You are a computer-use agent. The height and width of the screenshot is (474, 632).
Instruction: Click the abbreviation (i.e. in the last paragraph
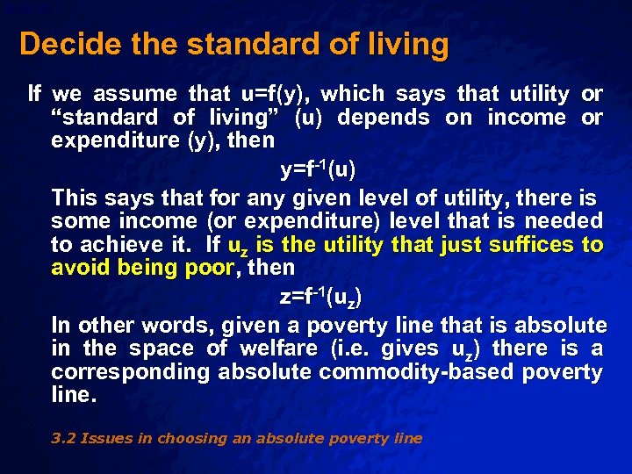[351, 348]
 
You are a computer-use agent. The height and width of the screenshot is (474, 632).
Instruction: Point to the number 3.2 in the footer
[63, 438]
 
